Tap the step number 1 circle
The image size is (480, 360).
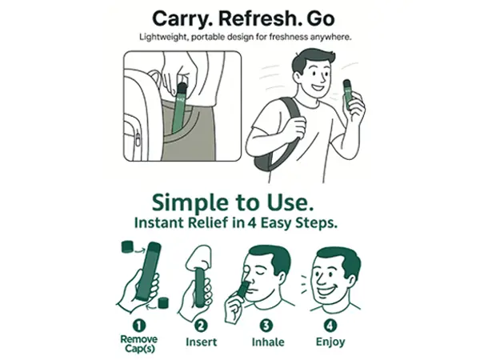[139, 326]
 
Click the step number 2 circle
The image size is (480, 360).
[201, 326]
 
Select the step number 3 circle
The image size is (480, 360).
[266, 326]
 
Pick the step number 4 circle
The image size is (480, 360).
[330, 326]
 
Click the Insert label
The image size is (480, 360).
[201, 342]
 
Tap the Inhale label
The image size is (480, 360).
[268, 342]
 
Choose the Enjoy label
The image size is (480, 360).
[330, 342]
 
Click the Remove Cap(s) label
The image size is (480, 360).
[139, 344]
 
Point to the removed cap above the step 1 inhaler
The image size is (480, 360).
[127, 246]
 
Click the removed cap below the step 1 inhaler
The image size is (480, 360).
[163, 302]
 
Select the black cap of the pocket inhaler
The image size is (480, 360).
[182, 88]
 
